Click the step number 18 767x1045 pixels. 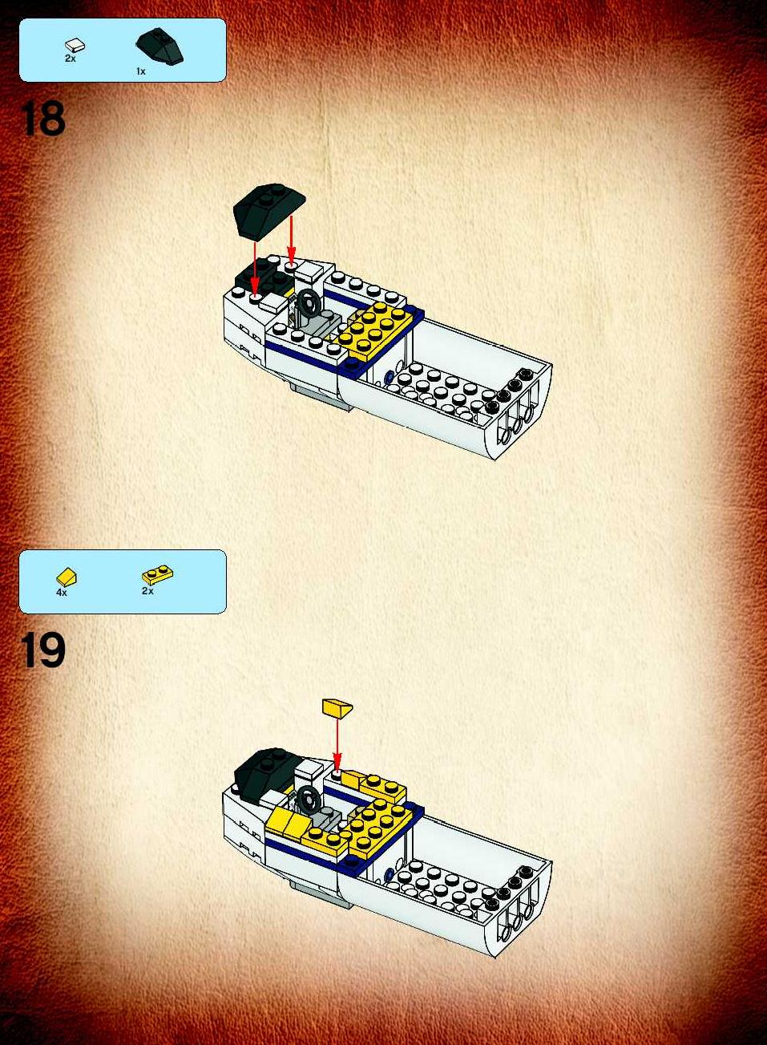point(42,119)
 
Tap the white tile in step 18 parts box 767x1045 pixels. point(75,46)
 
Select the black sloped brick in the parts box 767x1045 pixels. point(159,46)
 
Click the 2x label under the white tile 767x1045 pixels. point(71,59)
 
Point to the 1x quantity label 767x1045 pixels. point(141,71)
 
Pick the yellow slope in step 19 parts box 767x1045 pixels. point(67,577)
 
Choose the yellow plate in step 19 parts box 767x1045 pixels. point(158,574)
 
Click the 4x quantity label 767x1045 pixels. point(62,593)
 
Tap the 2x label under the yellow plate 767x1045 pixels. point(147,591)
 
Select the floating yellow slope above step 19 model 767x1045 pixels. point(337,707)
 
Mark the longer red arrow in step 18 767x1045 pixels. point(255,269)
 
